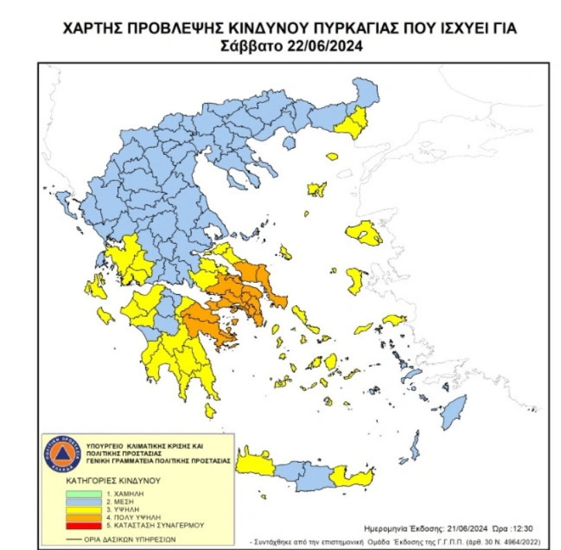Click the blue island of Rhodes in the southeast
click(455, 416)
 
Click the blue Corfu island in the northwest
click(64, 202)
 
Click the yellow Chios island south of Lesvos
click(357, 280)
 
